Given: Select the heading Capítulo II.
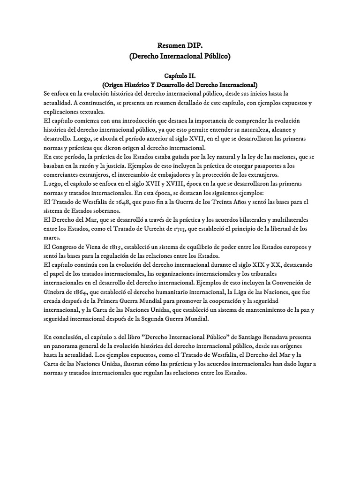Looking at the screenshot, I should [180, 75].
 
